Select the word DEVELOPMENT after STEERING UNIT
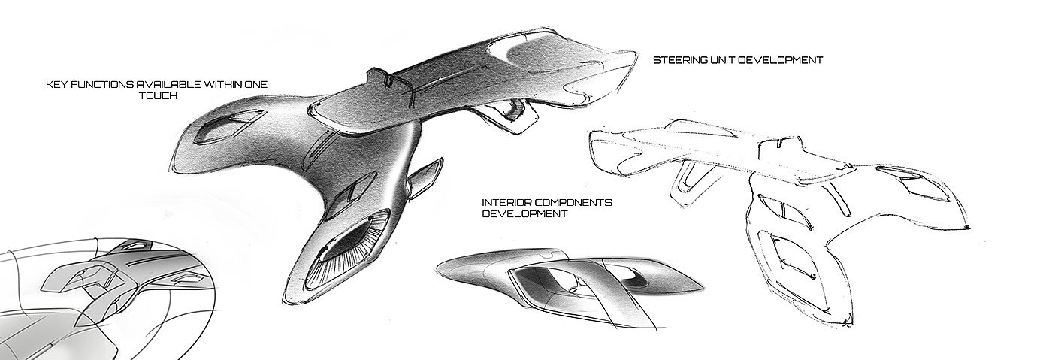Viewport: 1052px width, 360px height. [x=779, y=59]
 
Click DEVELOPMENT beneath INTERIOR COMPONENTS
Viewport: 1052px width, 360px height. [x=523, y=213]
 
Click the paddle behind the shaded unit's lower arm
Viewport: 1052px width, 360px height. [x=426, y=177]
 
